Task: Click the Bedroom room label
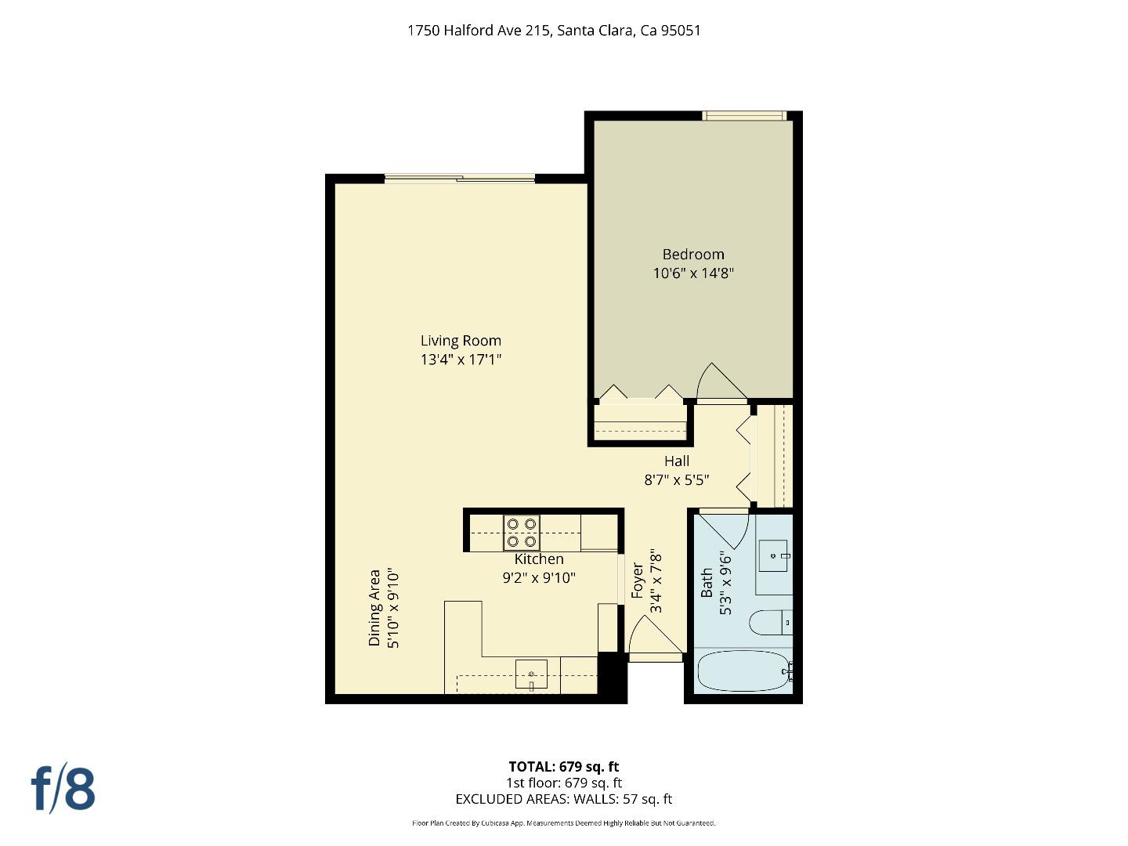(x=693, y=254)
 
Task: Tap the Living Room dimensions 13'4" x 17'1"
(x=461, y=360)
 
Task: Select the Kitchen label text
(x=539, y=559)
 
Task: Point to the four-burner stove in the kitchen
(x=522, y=533)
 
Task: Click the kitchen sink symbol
(x=531, y=674)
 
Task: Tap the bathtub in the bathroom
(x=744, y=671)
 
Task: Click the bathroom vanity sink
(x=775, y=555)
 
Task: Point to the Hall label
(x=677, y=461)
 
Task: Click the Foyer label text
(x=637, y=580)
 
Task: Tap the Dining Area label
(x=374, y=608)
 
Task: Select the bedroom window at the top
(x=744, y=116)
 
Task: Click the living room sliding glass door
(x=460, y=179)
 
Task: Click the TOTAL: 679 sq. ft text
(x=563, y=766)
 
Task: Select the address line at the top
(x=554, y=31)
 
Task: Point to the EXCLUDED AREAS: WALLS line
(x=563, y=799)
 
